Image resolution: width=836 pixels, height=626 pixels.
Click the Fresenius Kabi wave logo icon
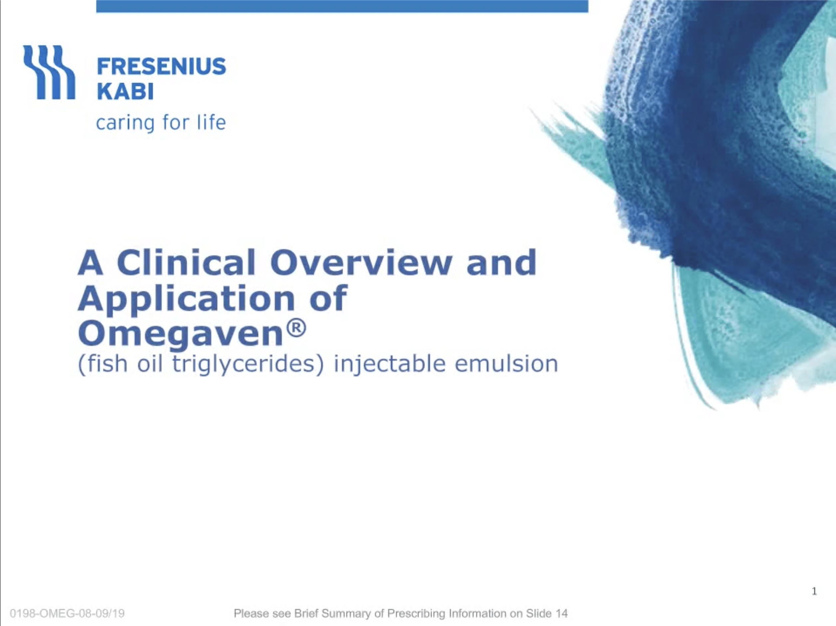(x=49, y=72)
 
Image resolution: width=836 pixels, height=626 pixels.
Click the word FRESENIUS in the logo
(x=161, y=67)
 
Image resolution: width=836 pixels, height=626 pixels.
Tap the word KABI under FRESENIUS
(x=125, y=91)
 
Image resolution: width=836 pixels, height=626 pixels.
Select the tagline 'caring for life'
(x=161, y=123)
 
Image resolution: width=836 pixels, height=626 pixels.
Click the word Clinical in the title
(x=186, y=262)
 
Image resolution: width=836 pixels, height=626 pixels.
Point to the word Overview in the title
(x=360, y=262)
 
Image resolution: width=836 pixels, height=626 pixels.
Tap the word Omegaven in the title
(x=180, y=335)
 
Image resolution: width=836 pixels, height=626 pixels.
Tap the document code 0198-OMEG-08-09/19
(x=67, y=613)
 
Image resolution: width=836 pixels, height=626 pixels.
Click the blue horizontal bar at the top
(x=342, y=6)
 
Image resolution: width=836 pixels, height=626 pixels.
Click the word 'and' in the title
(x=501, y=262)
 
